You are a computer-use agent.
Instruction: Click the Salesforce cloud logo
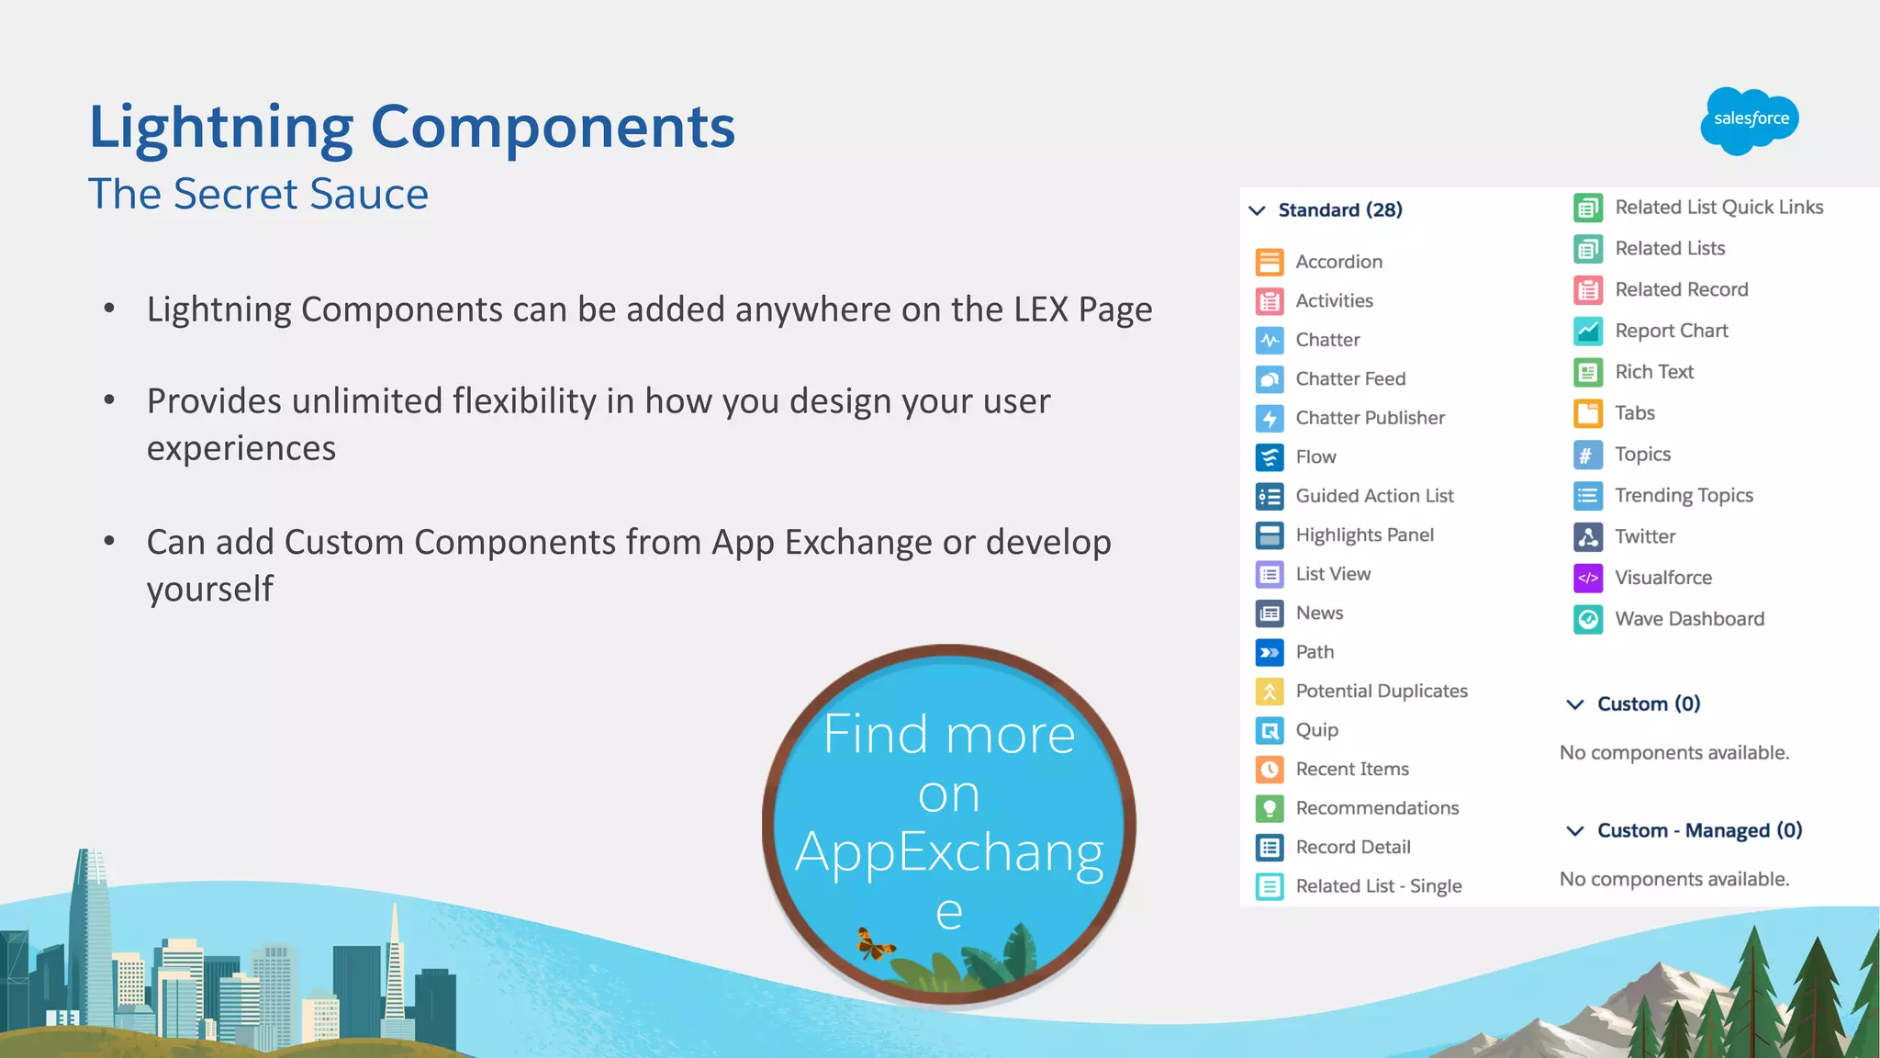click(1750, 120)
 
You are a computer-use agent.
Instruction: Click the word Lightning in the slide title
click(221, 127)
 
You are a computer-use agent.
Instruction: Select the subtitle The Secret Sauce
click(258, 195)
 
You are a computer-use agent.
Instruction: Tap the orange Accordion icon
click(1270, 263)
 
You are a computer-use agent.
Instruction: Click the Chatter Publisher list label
click(1370, 418)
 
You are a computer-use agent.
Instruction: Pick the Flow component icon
click(1270, 457)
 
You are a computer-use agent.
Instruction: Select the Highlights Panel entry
click(1364, 535)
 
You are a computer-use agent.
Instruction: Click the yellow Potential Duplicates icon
click(1270, 692)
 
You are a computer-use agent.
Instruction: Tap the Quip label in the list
click(1316, 730)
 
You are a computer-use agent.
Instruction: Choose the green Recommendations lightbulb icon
click(1270, 808)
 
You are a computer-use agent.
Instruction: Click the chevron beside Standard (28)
click(1258, 210)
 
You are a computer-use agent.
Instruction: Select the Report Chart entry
click(1671, 331)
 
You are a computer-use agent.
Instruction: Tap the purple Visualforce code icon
click(1588, 578)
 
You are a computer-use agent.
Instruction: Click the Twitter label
click(1644, 536)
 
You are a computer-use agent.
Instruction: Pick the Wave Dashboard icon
click(1588, 619)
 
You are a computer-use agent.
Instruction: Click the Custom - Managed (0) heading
click(1699, 830)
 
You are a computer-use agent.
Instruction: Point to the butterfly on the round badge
click(874, 944)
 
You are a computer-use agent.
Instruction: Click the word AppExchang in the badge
click(949, 852)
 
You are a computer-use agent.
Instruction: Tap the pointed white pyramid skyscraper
click(395, 964)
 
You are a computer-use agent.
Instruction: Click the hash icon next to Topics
click(1588, 455)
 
